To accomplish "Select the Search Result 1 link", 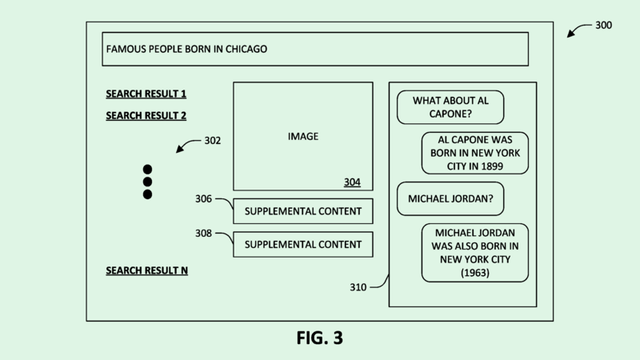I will click(x=146, y=94).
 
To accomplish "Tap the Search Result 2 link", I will click(x=146, y=115).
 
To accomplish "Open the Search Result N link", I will click(x=146, y=270).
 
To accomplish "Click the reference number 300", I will click(x=604, y=26).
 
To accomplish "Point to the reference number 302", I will click(x=212, y=140).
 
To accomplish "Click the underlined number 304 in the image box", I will click(x=352, y=182).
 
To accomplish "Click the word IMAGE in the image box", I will click(x=302, y=136).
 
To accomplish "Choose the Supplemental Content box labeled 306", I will click(x=302, y=211).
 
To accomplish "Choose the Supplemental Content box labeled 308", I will click(x=302, y=244).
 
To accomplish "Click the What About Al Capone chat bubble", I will click(x=450, y=107).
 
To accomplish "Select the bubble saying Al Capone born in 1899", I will click(x=475, y=153).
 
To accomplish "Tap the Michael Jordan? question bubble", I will click(x=450, y=198).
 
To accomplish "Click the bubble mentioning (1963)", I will click(x=475, y=253).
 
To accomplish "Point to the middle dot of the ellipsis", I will click(x=147, y=182).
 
